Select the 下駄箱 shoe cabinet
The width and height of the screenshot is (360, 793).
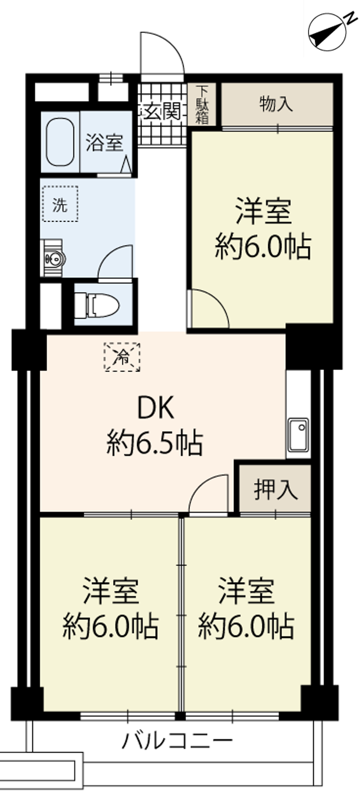(x=202, y=104)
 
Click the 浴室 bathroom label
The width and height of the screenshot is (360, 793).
(x=105, y=142)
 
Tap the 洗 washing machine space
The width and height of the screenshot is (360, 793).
(x=60, y=204)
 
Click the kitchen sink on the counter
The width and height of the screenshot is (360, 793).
(x=298, y=435)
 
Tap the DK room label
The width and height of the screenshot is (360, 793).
(x=156, y=408)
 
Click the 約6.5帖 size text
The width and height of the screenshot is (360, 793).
(x=155, y=443)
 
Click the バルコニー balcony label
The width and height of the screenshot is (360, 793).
(x=178, y=740)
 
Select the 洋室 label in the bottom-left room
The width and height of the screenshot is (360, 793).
(x=111, y=590)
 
